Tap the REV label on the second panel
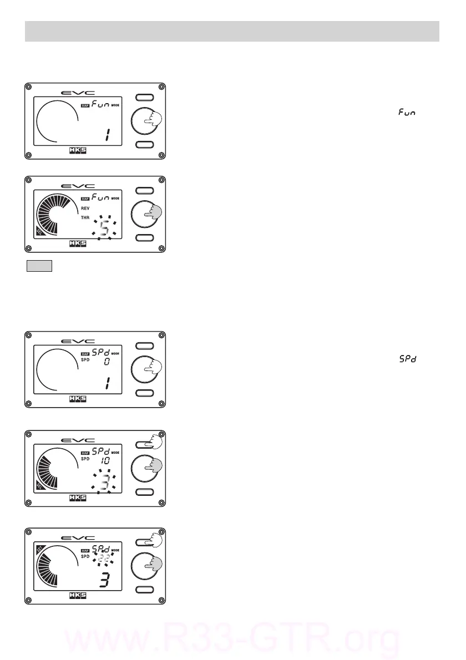[85, 209]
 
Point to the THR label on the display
[85, 218]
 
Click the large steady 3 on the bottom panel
[103, 580]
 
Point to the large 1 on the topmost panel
[104, 134]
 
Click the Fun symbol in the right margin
[407, 113]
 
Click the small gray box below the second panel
[39, 266]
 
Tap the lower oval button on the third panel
[146, 393]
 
